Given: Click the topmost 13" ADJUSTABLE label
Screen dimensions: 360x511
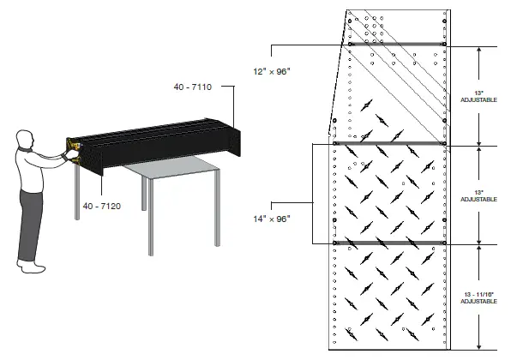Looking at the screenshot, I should (x=479, y=95).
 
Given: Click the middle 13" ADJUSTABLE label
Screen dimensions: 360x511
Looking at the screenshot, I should (x=479, y=195).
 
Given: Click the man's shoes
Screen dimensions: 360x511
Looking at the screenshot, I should (x=33, y=267).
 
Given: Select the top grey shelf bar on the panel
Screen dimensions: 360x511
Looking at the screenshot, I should (x=398, y=44).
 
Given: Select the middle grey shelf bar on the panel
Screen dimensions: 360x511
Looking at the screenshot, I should (x=390, y=144).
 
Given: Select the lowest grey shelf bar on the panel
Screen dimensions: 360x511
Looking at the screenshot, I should (x=390, y=243).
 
